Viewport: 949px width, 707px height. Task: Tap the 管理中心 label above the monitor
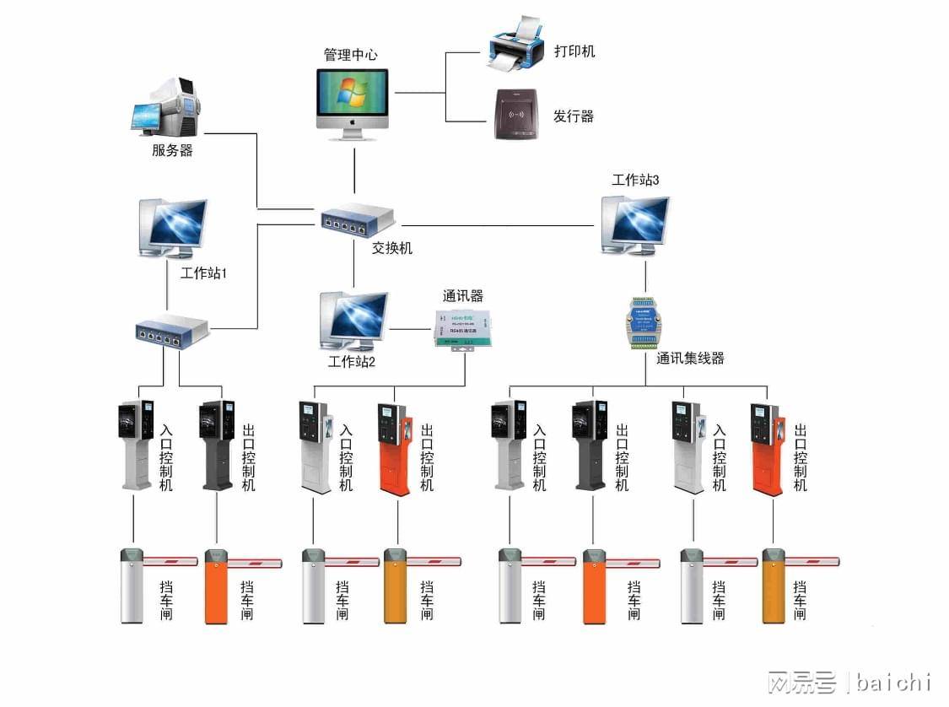coord(351,55)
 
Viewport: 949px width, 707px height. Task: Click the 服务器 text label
coord(172,151)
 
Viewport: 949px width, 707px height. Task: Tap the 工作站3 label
coord(635,180)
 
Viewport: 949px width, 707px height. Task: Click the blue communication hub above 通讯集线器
coord(645,323)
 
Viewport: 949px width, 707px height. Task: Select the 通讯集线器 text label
coord(690,359)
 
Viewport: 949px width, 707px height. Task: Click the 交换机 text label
coord(392,249)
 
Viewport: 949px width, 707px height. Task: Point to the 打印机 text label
coord(574,51)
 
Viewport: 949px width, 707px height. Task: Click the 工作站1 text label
coord(203,274)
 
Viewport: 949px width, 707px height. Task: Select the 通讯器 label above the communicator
coord(463,296)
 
